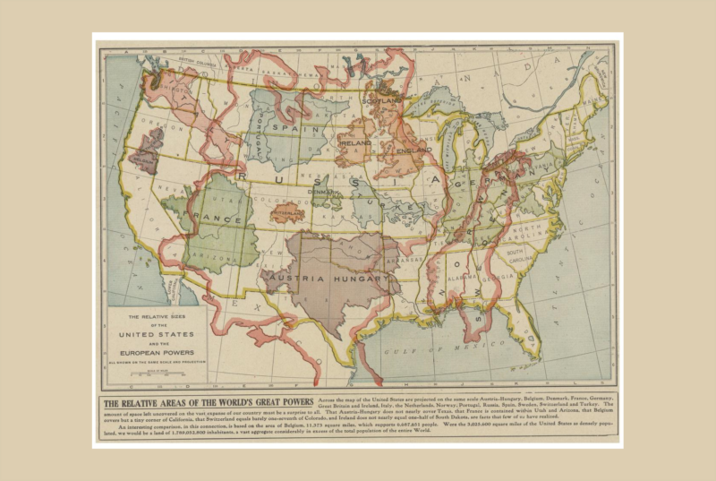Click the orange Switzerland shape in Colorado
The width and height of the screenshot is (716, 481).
pyautogui.click(x=286, y=214)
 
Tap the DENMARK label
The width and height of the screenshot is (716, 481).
pyautogui.click(x=320, y=192)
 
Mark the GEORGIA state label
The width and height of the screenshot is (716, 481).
pyautogui.click(x=503, y=277)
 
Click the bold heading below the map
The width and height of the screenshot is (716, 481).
pyautogui.click(x=208, y=402)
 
